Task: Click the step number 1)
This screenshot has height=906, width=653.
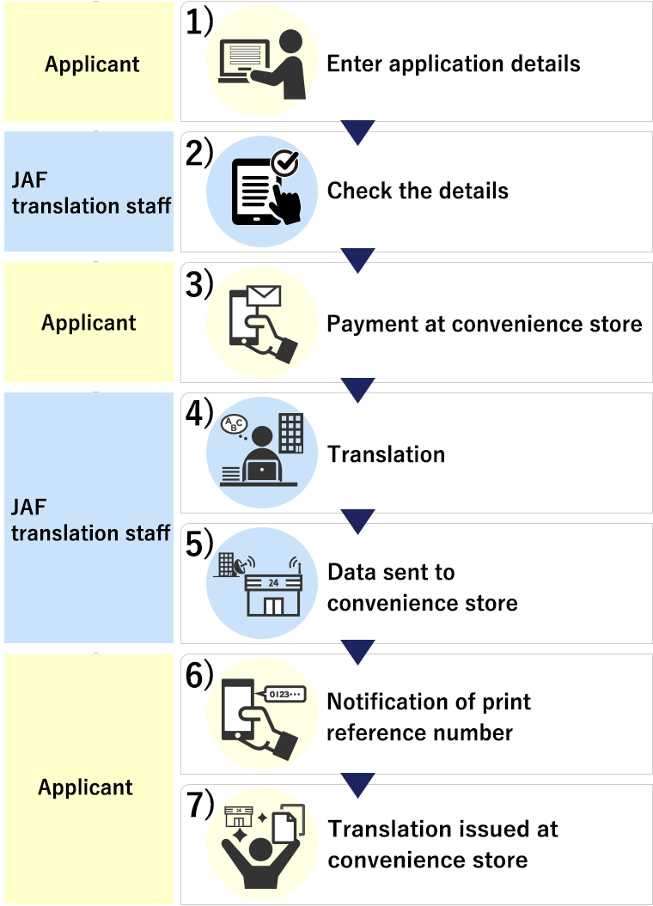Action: (198, 23)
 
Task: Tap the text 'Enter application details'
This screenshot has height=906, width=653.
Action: (453, 64)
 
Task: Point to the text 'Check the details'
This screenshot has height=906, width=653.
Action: (418, 190)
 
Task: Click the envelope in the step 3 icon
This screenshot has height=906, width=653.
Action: (264, 297)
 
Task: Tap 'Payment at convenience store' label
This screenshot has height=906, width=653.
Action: (484, 324)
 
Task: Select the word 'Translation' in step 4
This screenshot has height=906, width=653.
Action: (386, 454)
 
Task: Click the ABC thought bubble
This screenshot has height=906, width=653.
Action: (234, 424)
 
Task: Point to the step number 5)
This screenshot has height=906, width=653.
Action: (198, 544)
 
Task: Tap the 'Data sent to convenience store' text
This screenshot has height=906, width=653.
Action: (422, 587)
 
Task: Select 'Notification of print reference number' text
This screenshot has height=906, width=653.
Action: (428, 717)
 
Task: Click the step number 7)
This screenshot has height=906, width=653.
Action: (198, 805)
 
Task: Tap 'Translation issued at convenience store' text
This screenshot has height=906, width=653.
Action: (442, 844)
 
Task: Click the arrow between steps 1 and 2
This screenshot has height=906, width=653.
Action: (357, 132)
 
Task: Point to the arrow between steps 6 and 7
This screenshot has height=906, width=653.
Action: (357, 784)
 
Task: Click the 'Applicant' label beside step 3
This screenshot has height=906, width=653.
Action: (88, 323)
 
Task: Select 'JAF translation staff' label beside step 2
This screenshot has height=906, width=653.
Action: (90, 193)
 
